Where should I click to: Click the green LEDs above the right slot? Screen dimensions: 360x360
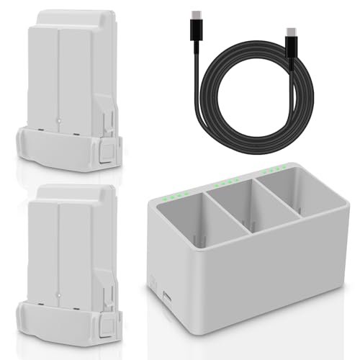pyautogui.click(x=278, y=171)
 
